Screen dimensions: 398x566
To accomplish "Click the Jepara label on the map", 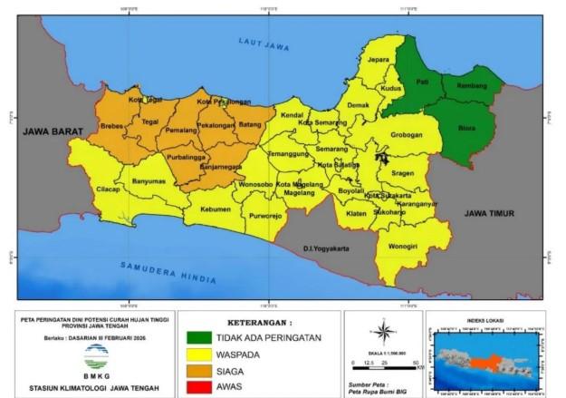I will pyautogui.click(x=378, y=61).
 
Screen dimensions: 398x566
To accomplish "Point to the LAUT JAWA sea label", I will pyautogui.click(x=263, y=44).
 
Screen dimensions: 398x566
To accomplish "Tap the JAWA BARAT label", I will pyautogui.click(x=53, y=131).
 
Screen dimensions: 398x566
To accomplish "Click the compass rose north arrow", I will pyautogui.click(x=384, y=331).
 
